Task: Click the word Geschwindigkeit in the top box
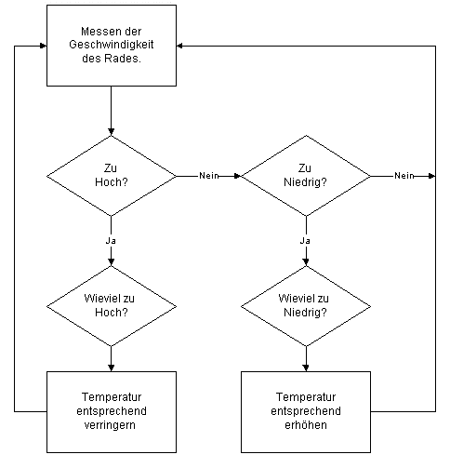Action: [112, 45]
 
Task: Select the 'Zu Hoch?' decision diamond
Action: [112, 176]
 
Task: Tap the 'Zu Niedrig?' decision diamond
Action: [306, 176]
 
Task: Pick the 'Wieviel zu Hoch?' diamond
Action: [112, 306]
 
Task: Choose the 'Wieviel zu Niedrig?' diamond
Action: [306, 306]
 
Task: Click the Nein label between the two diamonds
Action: [209, 176]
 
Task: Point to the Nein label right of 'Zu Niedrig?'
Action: [404, 176]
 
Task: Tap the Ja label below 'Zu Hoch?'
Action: [111, 241]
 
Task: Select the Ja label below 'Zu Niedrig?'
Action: [305, 241]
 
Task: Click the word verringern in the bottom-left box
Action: [110, 425]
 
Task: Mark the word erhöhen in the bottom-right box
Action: [306, 425]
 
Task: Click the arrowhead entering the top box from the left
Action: [44, 46]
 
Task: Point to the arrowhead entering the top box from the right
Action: [179, 46]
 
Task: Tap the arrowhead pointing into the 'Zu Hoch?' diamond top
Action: [112, 132]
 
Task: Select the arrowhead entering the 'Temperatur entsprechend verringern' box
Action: [112, 368]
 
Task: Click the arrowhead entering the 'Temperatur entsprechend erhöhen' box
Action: [306, 368]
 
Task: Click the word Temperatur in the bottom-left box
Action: [112, 397]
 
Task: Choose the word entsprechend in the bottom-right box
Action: [306, 411]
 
